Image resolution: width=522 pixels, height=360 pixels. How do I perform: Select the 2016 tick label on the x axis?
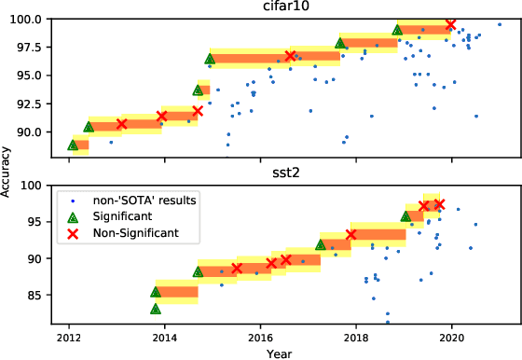coord(260,337)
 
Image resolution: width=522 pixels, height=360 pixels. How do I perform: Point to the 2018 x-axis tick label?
coord(356,337)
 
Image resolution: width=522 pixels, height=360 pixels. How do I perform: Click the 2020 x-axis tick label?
coord(452,337)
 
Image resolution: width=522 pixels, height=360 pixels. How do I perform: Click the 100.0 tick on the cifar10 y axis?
coord(25,19)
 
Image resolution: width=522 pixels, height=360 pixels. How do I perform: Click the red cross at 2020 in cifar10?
coord(451,24)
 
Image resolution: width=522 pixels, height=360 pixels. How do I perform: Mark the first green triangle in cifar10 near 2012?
coord(73,145)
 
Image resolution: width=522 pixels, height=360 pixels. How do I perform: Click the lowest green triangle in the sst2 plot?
coord(156,309)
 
